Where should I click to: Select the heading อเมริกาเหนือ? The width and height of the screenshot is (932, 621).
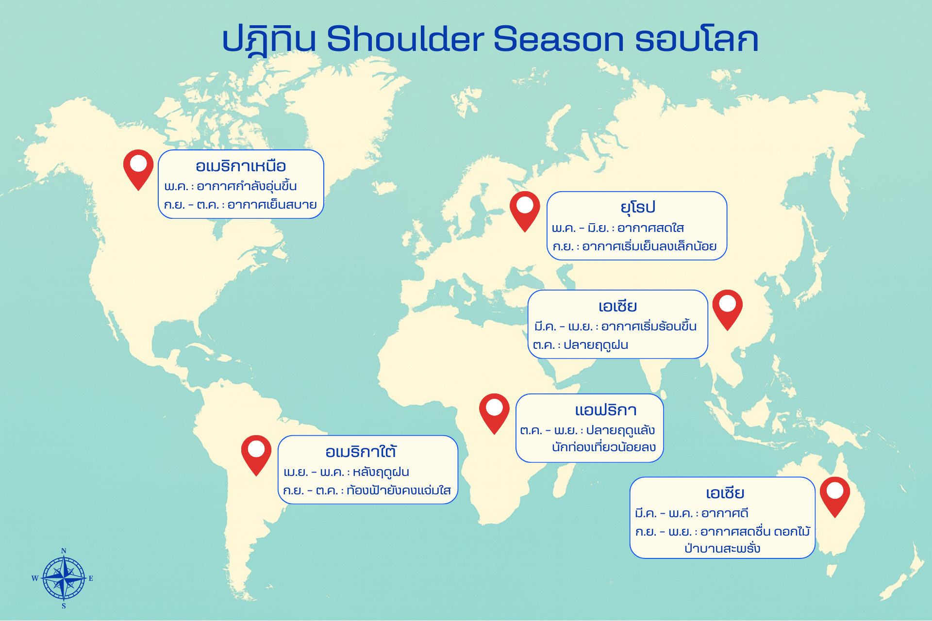241,166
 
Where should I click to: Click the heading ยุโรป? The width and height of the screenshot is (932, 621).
638,208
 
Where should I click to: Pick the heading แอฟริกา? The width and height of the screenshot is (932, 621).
605,410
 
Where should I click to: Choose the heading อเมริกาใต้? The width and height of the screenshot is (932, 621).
361,452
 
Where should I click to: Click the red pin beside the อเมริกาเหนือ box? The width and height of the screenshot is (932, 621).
138,168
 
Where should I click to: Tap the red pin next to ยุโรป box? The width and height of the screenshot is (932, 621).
525,209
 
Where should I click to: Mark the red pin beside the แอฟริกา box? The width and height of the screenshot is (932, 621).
494,411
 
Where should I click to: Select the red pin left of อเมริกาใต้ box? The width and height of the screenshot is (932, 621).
256,453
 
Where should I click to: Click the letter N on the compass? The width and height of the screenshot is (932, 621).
64,551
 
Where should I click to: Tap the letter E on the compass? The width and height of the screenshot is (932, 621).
91,578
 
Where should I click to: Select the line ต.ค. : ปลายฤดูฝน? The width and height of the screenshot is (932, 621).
581,345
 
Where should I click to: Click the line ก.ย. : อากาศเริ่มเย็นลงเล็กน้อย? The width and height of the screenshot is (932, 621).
634,246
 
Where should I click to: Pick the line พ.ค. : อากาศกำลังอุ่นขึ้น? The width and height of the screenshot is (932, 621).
231,186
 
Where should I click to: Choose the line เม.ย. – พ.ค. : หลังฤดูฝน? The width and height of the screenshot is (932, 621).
346,472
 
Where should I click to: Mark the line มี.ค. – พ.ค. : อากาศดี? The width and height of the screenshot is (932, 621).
692,513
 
